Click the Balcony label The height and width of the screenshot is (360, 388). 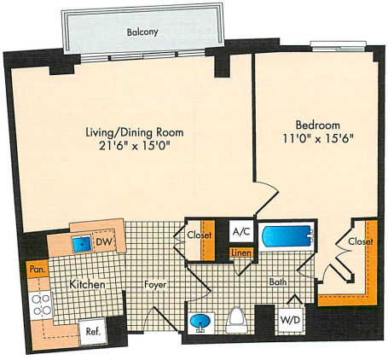tap(142, 32)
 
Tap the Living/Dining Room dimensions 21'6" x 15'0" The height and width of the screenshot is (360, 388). tap(135, 146)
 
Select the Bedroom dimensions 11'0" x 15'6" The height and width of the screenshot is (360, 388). tap(318, 139)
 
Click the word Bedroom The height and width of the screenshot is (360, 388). tap(318, 125)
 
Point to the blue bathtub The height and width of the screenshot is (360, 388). tap(287, 236)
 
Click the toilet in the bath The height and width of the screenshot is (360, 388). tap(237, 320)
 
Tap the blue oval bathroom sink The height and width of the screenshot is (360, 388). tap(201, 322)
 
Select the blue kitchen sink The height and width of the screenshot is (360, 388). tap(82, 244)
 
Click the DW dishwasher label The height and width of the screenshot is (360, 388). tap(104, 242)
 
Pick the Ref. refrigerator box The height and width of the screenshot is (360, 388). tap(92, 331)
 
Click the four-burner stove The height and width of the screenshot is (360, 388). tap(41, 305)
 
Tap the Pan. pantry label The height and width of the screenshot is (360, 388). tap(38, 270)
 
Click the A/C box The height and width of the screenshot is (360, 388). tap(241, 232)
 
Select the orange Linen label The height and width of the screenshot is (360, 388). tap(241, 253)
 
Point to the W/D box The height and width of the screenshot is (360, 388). tap(290, 320)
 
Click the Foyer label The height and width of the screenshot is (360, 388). tap(155, 284)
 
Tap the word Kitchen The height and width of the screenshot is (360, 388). tap(87, 284)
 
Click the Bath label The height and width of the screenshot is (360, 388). tap(278, 282)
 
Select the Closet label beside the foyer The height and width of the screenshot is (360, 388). tap(200, 235)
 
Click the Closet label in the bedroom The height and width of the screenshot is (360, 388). tap(361, 241)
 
